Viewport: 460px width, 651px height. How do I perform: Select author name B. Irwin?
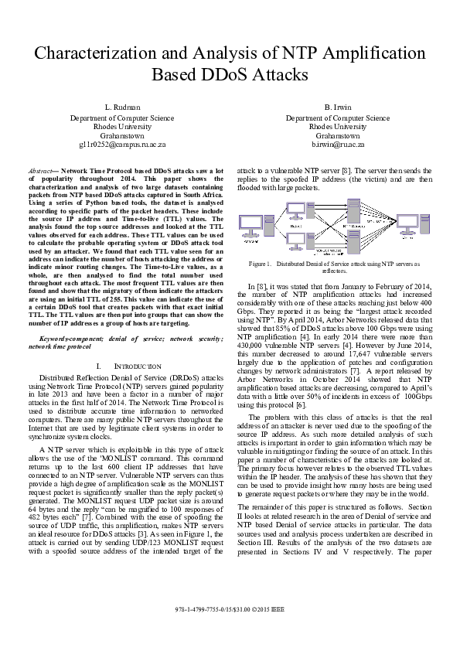coord(338,107)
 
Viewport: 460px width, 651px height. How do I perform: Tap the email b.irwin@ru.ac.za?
coord(338,144)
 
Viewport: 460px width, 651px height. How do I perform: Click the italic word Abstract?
coord(40,169)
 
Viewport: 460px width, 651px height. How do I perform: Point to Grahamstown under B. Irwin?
coord(338,135)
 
